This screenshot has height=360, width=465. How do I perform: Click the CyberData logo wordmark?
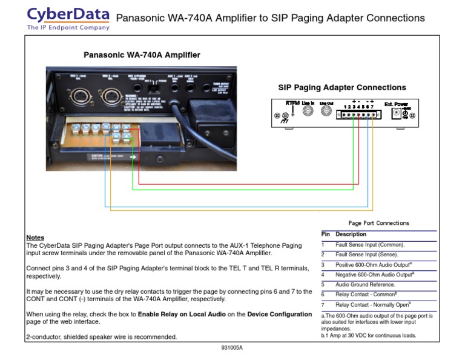(x=68, y=14)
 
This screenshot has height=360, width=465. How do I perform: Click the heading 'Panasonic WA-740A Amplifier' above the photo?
(x=142, y=55)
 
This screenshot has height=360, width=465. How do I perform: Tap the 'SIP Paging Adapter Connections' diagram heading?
(x=342, y=88)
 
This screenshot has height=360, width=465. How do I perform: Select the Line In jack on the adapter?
(x=309, y=112)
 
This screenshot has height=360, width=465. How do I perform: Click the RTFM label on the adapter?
(x=293, y=103)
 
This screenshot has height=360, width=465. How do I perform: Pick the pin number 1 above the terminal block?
(x=345, y=107)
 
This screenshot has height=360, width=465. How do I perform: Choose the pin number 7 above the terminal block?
(x=372, y=107)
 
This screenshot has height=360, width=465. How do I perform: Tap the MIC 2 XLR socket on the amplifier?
(x=111, y=95)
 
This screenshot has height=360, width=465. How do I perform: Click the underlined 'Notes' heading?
(x=35, y=238)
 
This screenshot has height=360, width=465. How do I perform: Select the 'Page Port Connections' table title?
(x=378, y=223)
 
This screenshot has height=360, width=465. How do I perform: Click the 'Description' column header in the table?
(x=351, y=234)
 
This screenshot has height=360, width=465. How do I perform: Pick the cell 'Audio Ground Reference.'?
(x=365, y=284)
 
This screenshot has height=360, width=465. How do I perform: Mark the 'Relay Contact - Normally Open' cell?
(x=372, y=304)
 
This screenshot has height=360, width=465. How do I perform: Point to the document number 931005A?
(x=232, y=348)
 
